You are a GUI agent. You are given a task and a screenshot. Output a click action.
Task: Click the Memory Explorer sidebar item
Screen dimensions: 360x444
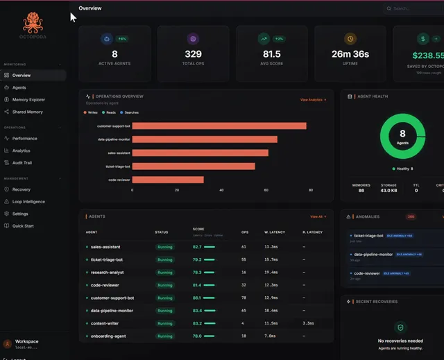(28, 100)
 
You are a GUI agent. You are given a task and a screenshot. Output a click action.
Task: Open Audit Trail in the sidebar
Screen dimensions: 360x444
(22, 163)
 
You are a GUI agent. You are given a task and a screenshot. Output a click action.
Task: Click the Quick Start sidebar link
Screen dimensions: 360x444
(23, 225)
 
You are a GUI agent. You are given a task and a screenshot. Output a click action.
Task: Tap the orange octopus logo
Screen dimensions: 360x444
(33, 23)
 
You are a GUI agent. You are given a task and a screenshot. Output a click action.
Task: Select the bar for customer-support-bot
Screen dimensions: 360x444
(219, 126)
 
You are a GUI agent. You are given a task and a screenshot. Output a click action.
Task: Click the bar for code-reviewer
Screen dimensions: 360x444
(168, 180)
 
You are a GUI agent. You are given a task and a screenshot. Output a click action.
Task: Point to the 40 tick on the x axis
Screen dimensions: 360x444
(221, 189)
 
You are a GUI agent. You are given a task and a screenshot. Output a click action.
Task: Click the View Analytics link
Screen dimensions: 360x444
(313, 100)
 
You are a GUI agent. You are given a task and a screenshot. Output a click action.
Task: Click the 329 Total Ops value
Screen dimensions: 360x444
(193, 54)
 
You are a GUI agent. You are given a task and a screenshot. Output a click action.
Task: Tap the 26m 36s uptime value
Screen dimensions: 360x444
(350, 54)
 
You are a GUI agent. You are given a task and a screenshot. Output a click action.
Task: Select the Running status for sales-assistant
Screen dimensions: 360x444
(164, 246)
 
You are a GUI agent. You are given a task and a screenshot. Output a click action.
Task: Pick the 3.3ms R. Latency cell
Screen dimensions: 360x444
(308, 323)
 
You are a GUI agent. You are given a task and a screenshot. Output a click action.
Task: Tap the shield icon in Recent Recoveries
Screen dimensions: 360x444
(400, 327)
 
